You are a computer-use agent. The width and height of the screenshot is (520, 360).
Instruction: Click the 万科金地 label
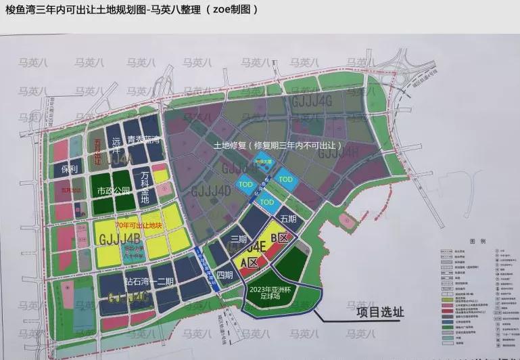(145, 187)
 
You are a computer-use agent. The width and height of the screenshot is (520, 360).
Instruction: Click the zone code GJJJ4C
(128, 296)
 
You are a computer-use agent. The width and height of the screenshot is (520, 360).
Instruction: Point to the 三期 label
(239, 239)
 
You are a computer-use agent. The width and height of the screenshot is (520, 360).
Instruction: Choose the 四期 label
(225, 275)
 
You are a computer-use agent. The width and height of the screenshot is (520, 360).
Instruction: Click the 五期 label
(288, 219)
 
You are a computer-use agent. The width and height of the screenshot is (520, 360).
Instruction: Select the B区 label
(279, 238)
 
